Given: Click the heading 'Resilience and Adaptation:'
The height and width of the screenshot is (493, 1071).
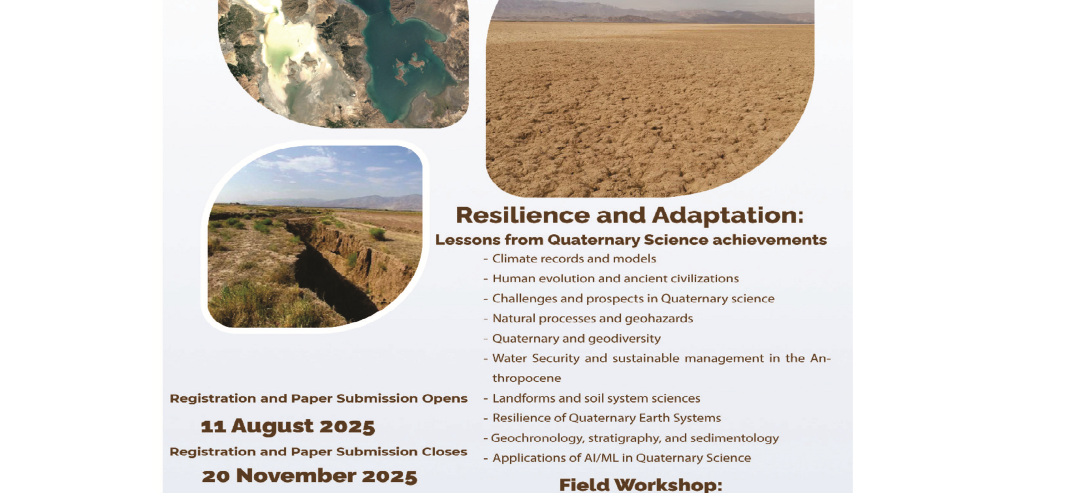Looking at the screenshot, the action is pos(630,215).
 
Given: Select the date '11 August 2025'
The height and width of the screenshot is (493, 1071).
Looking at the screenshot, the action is pos(288,426).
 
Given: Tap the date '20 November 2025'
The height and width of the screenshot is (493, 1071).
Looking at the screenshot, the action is pos(310,476).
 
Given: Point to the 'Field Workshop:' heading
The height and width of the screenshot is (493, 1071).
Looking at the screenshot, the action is pos(640,484).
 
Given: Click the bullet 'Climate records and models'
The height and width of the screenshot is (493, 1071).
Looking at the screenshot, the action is pos(574,258).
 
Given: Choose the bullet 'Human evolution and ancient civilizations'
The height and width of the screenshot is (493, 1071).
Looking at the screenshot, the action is pos(615,279).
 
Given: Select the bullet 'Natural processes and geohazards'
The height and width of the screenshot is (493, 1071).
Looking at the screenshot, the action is pos(592,319).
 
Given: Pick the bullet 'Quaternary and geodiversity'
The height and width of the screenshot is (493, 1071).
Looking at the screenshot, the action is pos(576,339).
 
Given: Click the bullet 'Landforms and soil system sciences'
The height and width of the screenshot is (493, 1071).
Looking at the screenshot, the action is pos(596,398).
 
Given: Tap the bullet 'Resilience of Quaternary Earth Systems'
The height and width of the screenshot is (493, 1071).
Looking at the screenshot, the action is pos(606,418).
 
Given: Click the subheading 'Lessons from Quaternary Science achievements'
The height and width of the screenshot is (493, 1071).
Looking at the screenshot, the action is pos(631,240).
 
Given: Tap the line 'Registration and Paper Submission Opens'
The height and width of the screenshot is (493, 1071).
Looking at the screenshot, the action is pos(319,398).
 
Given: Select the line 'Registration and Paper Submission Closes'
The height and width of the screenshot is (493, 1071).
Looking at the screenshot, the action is pos(319,451).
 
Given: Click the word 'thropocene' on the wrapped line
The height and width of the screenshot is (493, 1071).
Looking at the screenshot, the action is pos(527,378).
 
